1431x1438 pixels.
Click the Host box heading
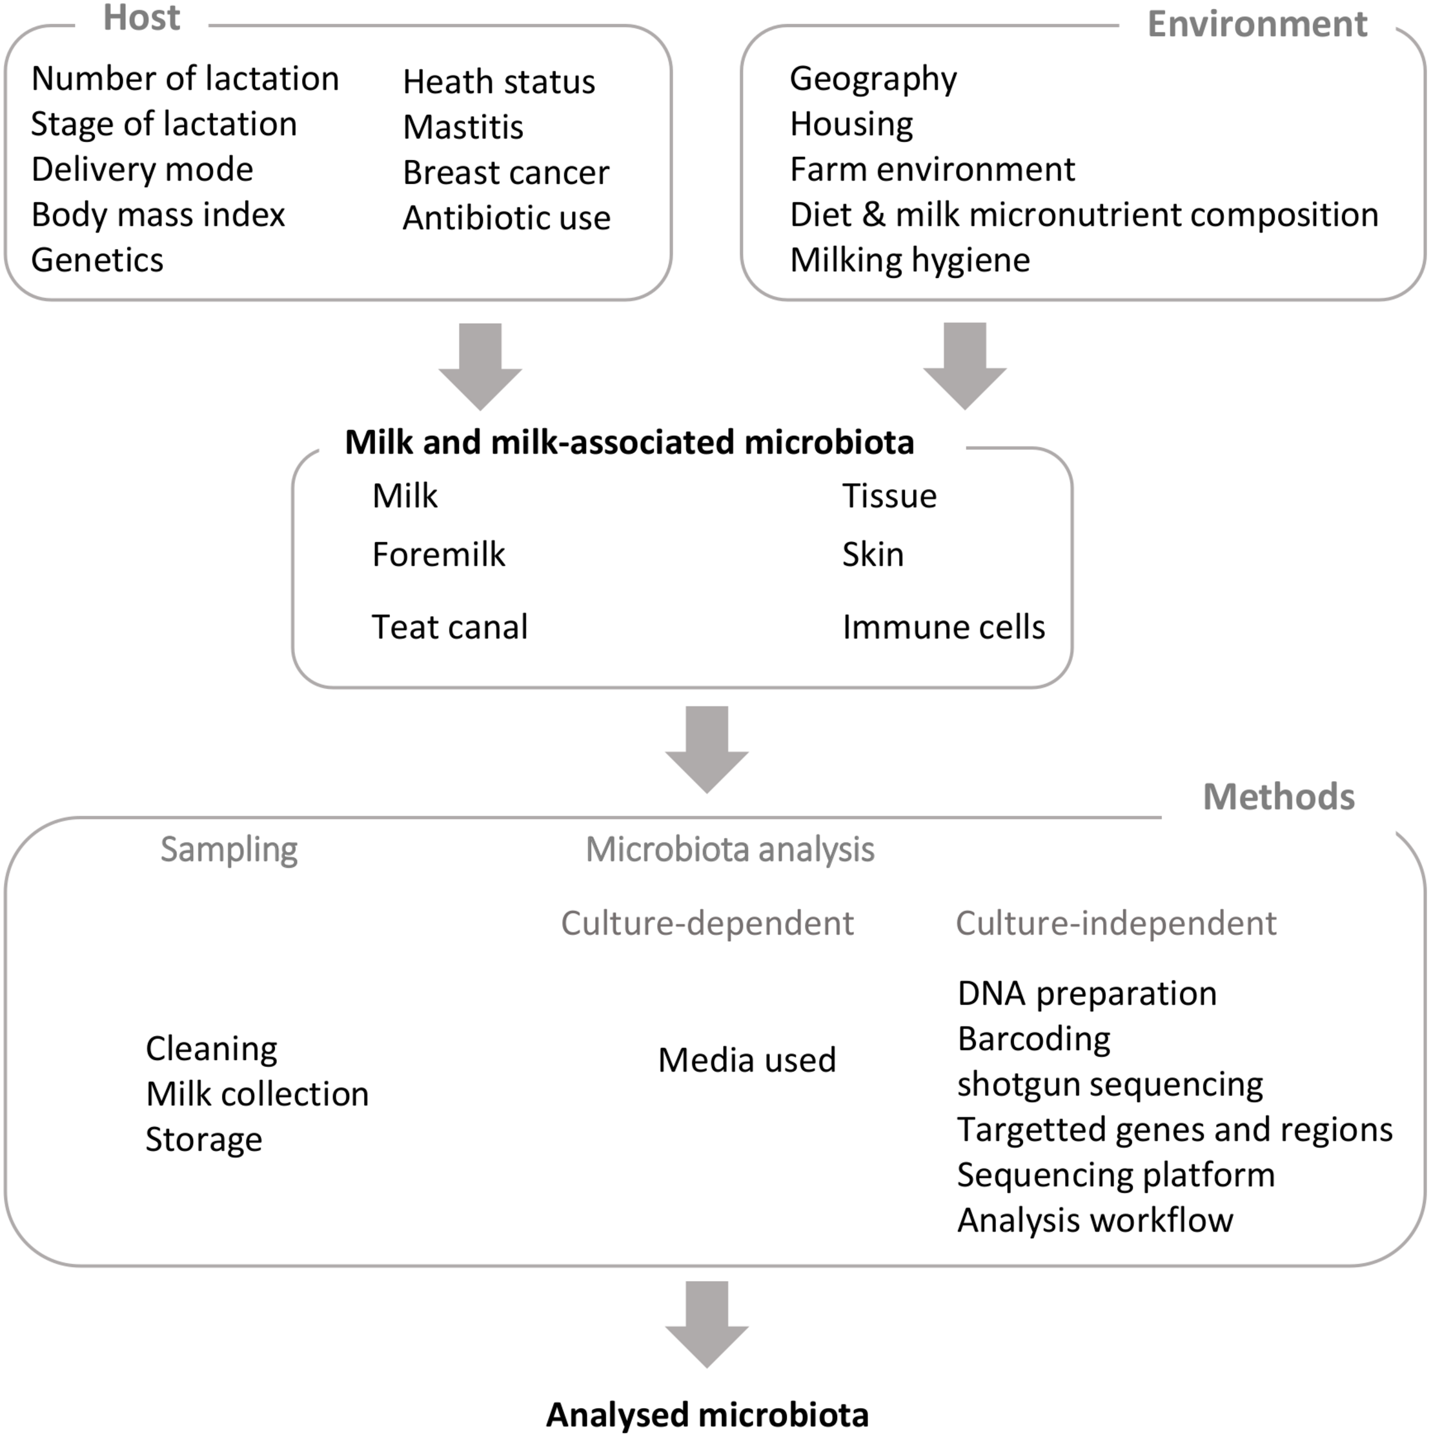click(x=141, y=18)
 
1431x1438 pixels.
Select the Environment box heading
click(x=1257, y=25)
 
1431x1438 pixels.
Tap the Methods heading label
click(x=1279, y=797)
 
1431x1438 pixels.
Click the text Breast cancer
click(x=505, y=173)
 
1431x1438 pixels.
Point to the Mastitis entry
click(x=463, y=127)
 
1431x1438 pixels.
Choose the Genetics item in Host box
click(x=97, y=260)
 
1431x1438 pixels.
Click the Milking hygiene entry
click(x=910, y=260)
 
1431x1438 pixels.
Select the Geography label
click(x=873, y=79)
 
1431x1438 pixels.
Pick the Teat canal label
click(x=450, y=626)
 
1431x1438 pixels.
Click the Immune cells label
click(x=943, y=626)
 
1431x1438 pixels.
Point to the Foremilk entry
click(x=438, y=555)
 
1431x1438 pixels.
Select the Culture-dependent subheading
click(x=707, y=924)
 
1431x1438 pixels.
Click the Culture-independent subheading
click(x=1115, y=924)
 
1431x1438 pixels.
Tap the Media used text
click(x=747, y=1060)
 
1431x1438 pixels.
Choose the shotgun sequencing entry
click(x=1110, y=1084)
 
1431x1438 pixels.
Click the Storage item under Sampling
click(x=204, y=1139)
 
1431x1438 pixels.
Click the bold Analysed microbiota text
click(x=707, y=1414)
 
